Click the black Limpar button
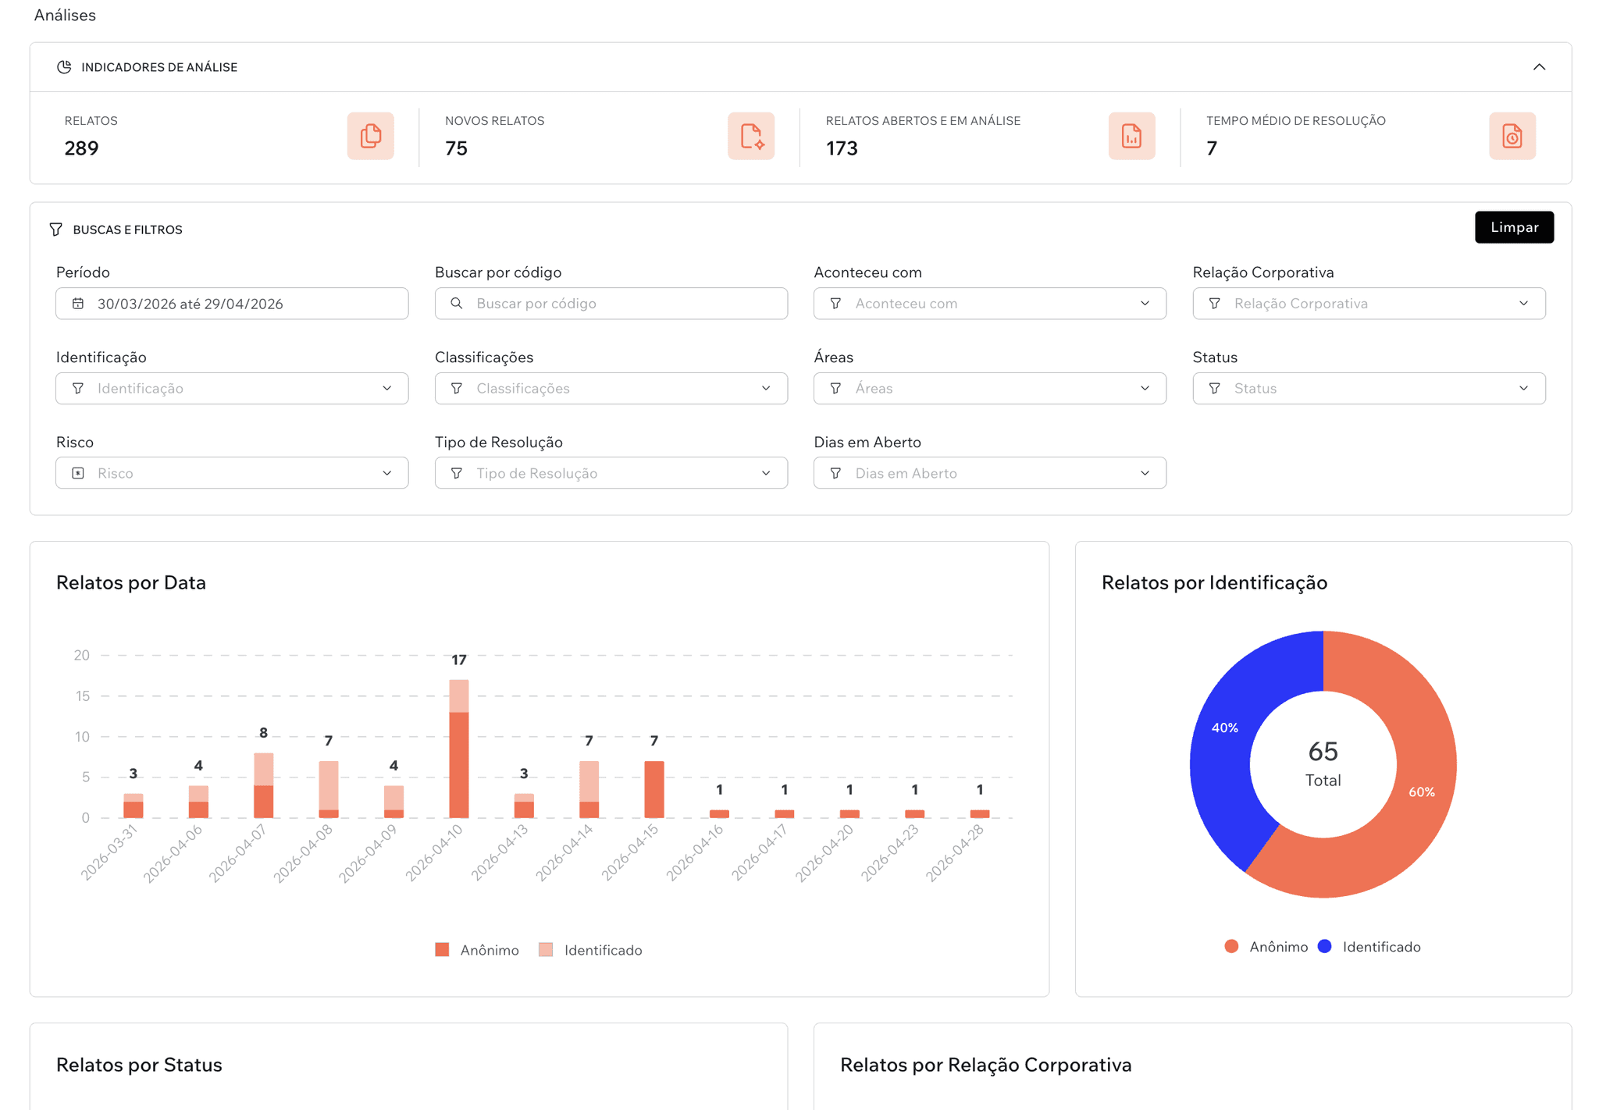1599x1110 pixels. click(x=1513, y=227)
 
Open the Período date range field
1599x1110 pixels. click(x=232, y=304)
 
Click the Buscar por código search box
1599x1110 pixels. click(x=611, y=304)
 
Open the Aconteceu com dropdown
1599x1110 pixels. click(x=989, y=304)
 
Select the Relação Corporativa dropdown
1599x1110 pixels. click(x=1368, y=304)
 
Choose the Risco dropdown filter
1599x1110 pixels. click(x=232, y=473)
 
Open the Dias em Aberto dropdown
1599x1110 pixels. click(x=989, y=473)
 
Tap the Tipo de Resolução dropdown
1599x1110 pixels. click(x=611, y=473)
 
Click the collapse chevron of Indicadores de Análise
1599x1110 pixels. click(x=1538, y=67)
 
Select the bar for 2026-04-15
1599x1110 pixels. click(x=654, y=789)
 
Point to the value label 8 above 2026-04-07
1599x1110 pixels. click(x=263, y=733)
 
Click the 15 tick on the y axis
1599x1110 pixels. click(x=82, y=696)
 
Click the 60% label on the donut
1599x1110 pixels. click(x=1421, y=792)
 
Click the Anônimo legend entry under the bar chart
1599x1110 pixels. click(x=477, y=950)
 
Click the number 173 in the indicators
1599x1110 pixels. click(x=842, y=148)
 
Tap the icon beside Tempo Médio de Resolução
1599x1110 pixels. click(x=1512, y=136)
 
